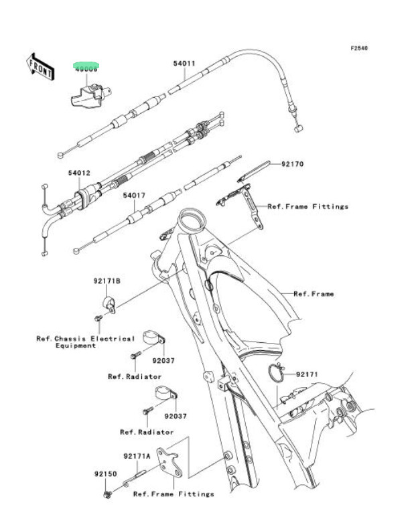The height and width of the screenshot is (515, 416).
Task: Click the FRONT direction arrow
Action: pyautogui.click(x=40, y=66)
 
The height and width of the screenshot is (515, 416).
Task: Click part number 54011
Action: pyautogui.click(x=184, y=64)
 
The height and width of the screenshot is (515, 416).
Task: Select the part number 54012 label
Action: pyautogui.click(x=78, y=173)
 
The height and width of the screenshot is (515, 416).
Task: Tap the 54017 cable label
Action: pyautogui.click(x=133, y=196)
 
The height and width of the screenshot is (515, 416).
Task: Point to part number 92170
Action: pyautogui.click(x=292, y=163)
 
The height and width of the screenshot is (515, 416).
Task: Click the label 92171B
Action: pyautogui.click(x=107, y=281)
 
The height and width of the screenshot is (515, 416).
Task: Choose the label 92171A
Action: pyautogui.click(x=136, y=456)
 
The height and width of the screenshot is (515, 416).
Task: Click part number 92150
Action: pyautogui.click(x=105, y=473)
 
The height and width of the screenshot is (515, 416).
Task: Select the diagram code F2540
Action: pyautogui.click(x=359, y=48)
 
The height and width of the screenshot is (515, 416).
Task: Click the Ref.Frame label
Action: pyautogui.click(x=314, y=293)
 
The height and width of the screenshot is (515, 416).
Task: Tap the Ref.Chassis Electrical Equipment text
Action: pyautogui.click(x=85, y=342)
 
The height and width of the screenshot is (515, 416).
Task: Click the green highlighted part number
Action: pyautogui.click(x=86, y=68)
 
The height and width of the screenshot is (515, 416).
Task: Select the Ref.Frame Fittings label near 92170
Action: pyautogui.click(x=308, y=206)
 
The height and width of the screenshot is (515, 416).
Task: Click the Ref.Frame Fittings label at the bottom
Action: pyautogui.click(x=174, y=494)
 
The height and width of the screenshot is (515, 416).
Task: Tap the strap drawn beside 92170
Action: pyautogui.click(x=255, y=171)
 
